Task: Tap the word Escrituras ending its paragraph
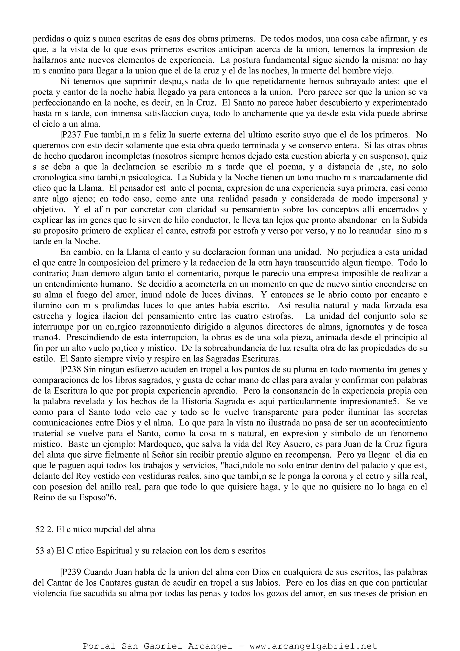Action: point(261,359)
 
